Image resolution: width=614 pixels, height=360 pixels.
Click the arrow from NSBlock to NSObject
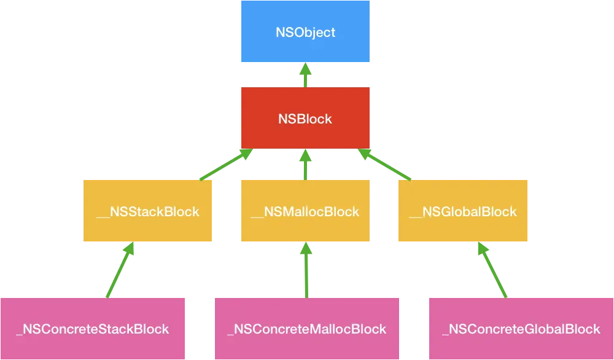pyautogui.click(x=305, y=75)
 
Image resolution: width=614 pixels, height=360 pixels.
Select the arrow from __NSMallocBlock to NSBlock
pyautogui.click(x=305, y=164)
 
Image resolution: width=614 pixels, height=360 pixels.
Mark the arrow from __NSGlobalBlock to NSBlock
pyautogui.click(x=385, y=164)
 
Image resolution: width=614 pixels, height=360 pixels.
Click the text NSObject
pyautogui.click(x=305, y=32)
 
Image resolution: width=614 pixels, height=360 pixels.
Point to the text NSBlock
pyautogui.click(x=305, y=119)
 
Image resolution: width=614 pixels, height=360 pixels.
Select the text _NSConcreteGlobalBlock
pyautogui.click(x=521, y=329)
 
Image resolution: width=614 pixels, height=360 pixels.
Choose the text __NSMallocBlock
pyautogui.click(x=305, y=212)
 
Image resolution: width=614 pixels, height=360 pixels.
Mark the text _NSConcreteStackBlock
pyautogui.click(x=93, y=329)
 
